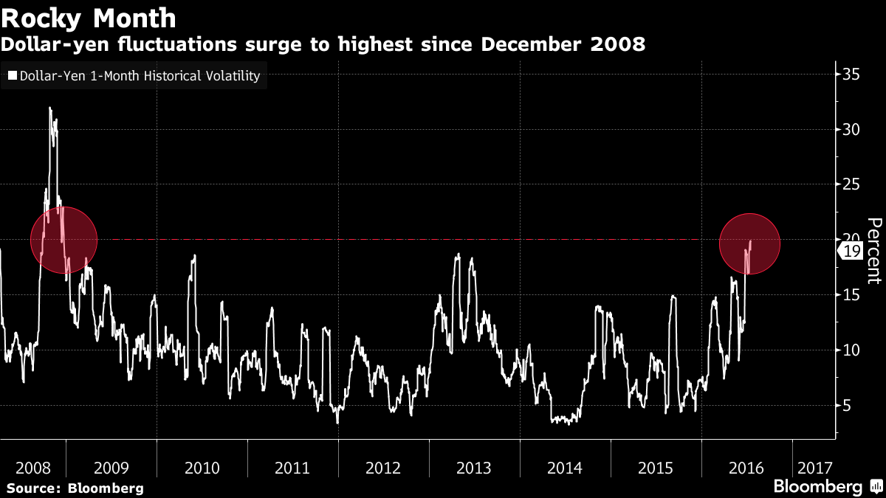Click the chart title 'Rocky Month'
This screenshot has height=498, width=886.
[x=89, y=17]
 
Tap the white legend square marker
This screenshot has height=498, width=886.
[x=12, y=75]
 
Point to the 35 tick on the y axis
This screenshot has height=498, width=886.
[x=851, y=75]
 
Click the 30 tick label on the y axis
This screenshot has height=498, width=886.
[x=851, y=130]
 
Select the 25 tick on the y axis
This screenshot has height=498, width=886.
[x=851, y=184]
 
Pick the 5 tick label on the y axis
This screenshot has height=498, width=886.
[x=847, y=405]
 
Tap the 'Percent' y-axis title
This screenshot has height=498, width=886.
[x=874, y=251]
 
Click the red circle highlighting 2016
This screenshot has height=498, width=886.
[x=749, y=243]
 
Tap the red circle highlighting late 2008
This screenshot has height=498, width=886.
[x=63, y=240]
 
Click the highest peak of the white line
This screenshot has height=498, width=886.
[x=50, y=108]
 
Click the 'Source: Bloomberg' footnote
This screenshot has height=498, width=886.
[x=75, y=488]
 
